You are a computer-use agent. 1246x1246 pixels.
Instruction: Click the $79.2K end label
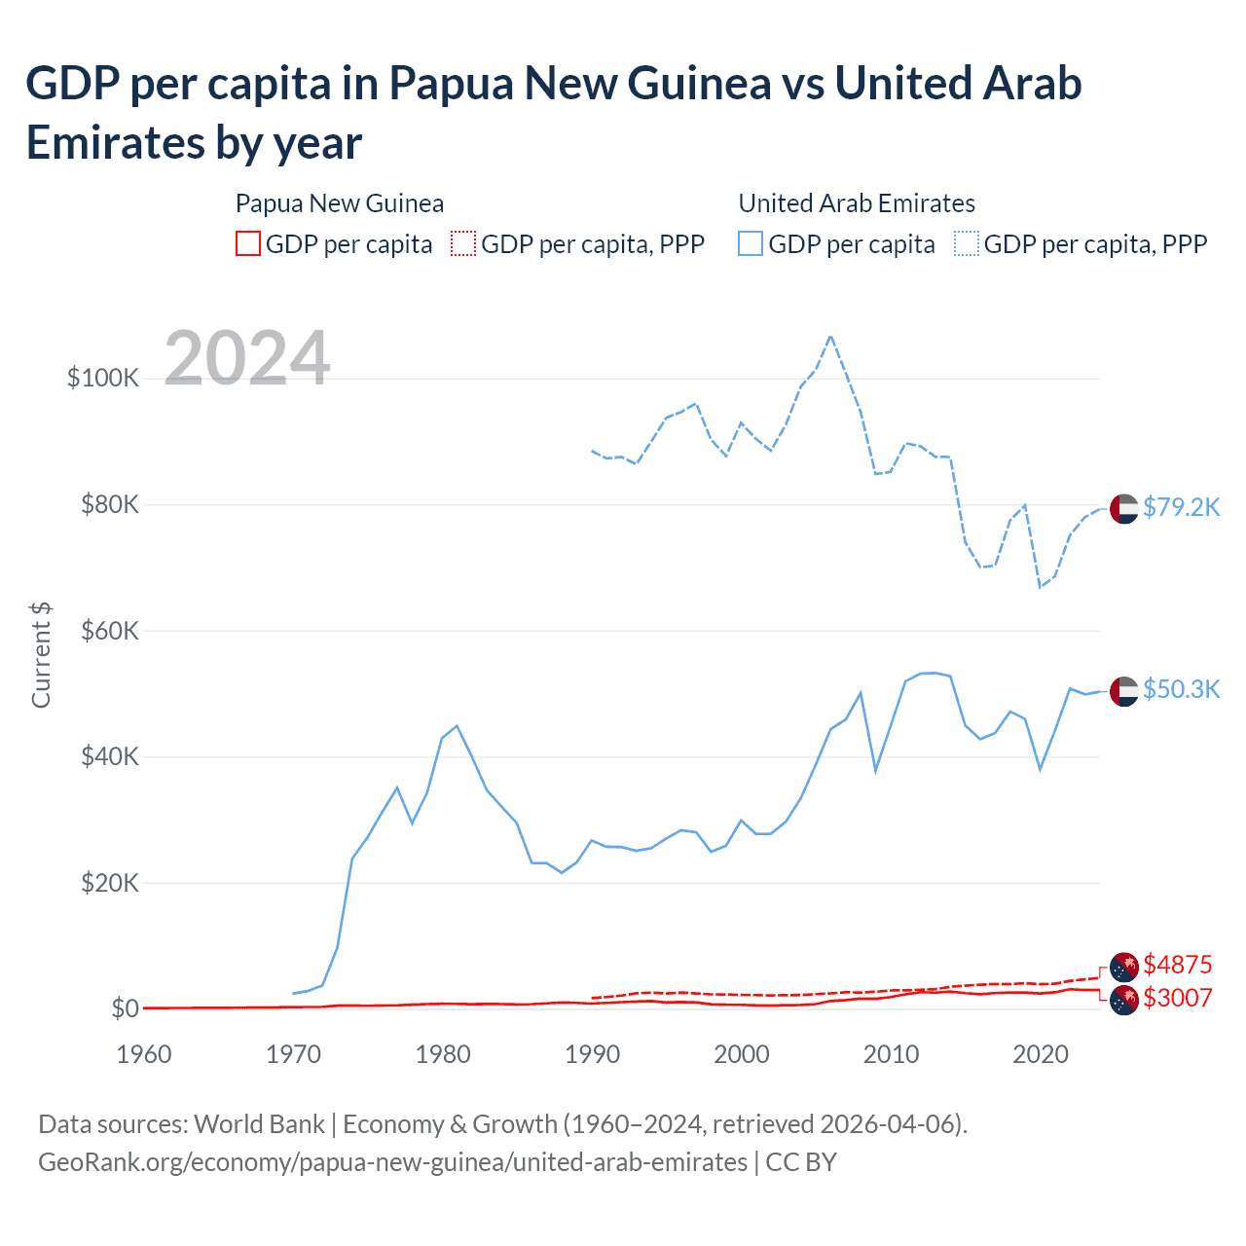(1181, 507)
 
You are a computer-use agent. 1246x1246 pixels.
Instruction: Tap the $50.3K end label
(1181, 689)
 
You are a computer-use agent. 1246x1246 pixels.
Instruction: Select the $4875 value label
(1177, 965)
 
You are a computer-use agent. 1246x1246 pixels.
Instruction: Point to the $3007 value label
(1177, 998)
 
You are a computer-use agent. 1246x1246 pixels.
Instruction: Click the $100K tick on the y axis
(103, 378)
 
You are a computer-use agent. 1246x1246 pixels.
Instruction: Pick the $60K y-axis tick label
(110, 631)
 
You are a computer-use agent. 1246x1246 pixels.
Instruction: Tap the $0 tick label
(125, 1008)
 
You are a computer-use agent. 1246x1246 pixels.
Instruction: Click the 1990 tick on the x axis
(592, 1054)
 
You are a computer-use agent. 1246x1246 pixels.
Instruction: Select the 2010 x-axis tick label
(891, 1054)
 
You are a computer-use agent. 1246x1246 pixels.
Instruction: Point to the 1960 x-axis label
(144, 1054)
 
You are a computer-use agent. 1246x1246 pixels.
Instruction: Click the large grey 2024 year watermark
(247, 358)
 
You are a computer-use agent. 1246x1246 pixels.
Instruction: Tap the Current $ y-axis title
(41, 654)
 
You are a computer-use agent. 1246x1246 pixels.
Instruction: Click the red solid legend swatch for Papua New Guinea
(248, 243)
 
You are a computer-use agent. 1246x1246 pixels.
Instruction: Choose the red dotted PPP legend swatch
(463, 243)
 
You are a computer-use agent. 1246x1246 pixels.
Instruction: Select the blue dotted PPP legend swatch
(967, 243)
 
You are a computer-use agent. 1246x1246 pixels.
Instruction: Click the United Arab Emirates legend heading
(857, 203)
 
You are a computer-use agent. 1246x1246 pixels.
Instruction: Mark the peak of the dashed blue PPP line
(830, 337)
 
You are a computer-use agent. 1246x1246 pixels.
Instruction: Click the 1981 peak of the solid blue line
(457, 725)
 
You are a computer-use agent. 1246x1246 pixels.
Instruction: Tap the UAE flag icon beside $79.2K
(1124, 509)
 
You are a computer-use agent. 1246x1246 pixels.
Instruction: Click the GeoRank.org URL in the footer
(392, 1162)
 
